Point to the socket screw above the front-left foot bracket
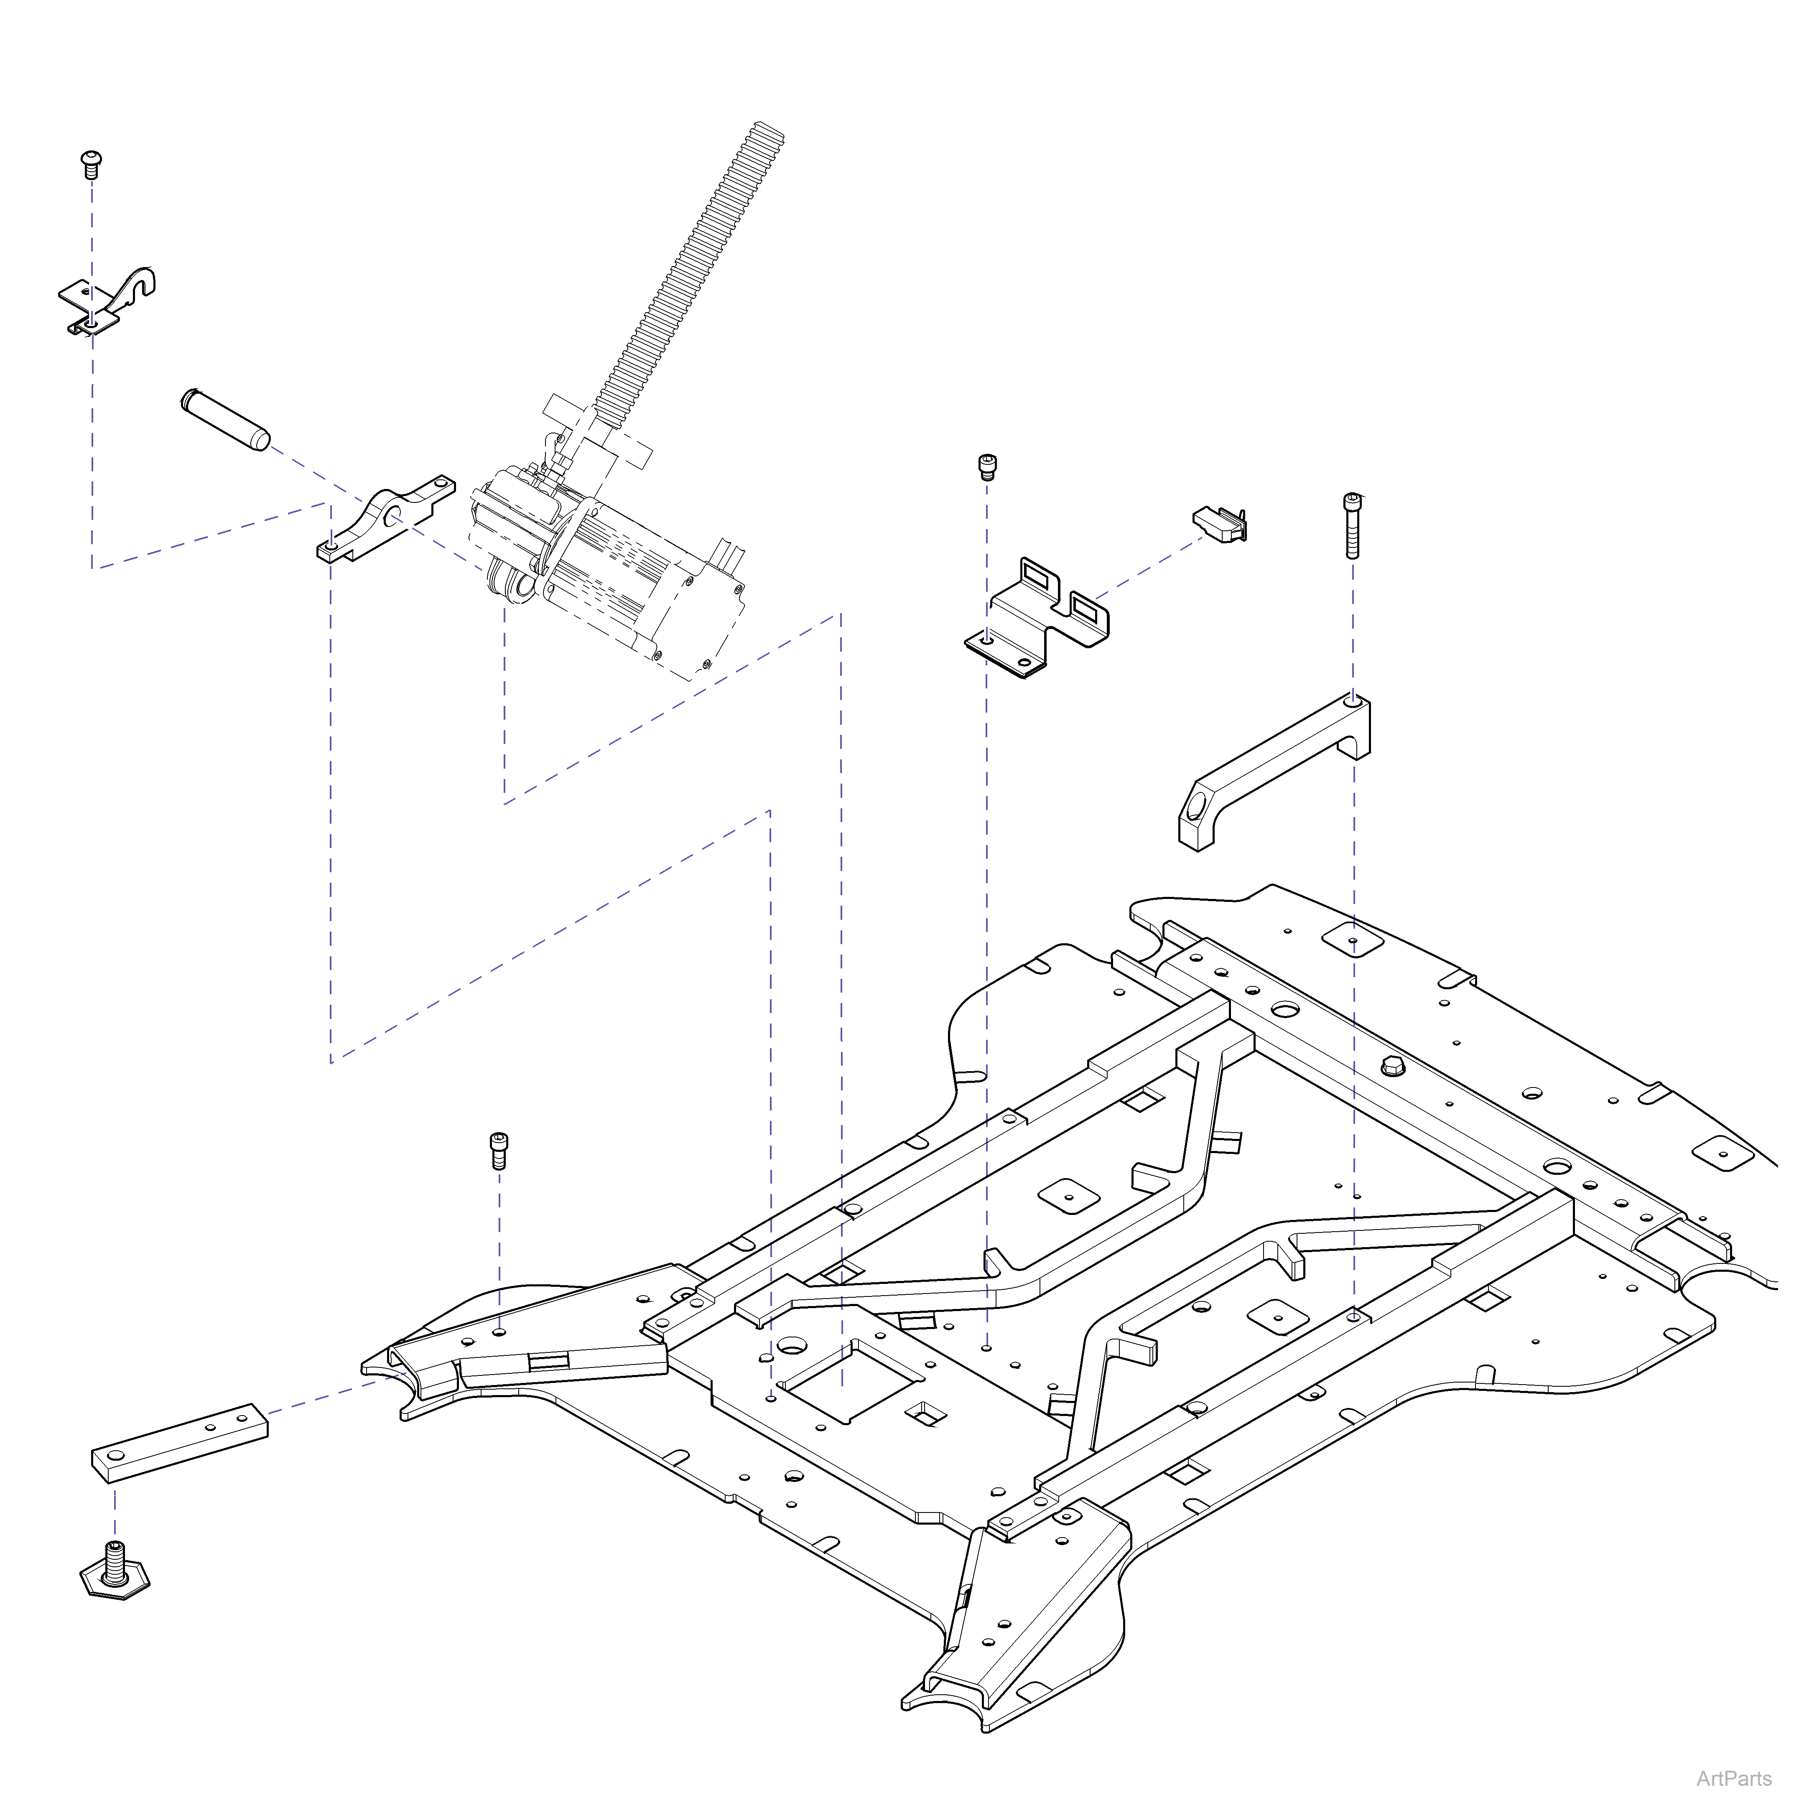[x=499, y=1150]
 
